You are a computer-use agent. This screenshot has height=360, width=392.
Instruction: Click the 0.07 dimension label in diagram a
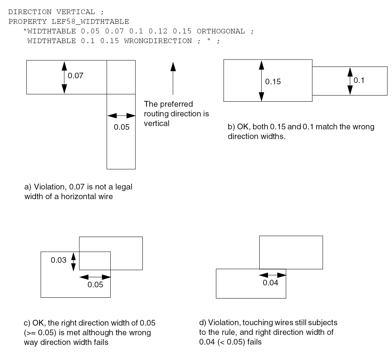76,76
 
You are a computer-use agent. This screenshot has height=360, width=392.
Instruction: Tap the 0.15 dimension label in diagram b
273,82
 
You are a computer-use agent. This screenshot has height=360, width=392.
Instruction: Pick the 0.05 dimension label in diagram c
95,285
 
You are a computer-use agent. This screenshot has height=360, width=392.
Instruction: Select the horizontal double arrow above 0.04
272,275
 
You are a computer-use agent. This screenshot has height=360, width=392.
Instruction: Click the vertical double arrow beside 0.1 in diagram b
350,81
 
